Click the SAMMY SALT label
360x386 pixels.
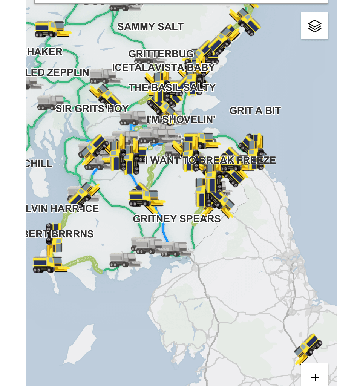coord(150,27)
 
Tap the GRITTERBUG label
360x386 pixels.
coord(161,54)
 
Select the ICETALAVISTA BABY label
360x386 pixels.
coord(163,67)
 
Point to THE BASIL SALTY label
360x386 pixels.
coord(172,87)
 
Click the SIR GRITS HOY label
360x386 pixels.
coord(92,109)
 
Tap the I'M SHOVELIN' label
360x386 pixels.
coord(181,119)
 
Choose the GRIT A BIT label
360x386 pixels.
coord(255,110)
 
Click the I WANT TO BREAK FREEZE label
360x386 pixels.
coord(211,160)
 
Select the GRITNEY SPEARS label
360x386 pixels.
coord(177,219)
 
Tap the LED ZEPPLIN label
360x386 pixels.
coord(58,72)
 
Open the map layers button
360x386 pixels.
coord(314,26)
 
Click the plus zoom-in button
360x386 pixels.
coord(315,377)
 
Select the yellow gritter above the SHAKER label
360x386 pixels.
coord(52,29)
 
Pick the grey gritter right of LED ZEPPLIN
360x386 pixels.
coord(105,76)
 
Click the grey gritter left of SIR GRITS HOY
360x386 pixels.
coord(50,102)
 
